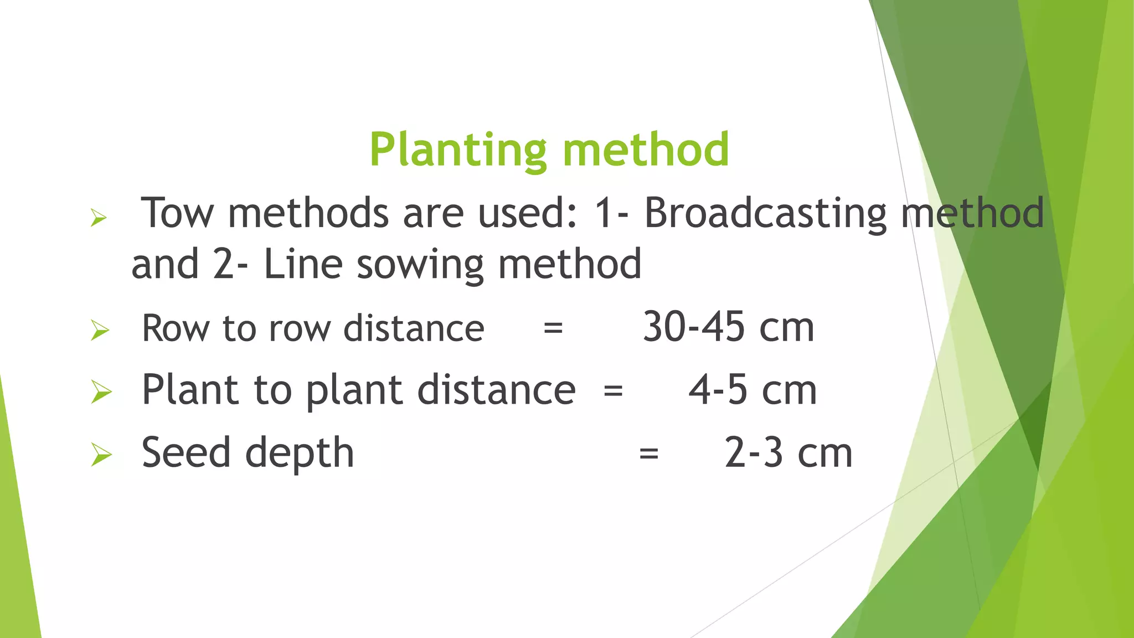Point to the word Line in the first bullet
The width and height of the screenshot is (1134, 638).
pos(302,264)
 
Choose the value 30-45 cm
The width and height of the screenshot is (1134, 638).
pos(728,327)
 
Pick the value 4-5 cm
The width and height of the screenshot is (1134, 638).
pos(752,390)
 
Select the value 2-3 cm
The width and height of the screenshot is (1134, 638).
pos(788,453)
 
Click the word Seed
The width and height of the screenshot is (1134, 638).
pos(185,452)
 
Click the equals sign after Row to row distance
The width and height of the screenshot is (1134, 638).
pos(553,328)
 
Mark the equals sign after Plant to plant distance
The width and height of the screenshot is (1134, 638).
pos(613,391)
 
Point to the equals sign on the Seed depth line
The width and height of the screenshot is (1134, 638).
pos(648,454)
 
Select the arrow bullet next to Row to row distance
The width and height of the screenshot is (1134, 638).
pos(100,331)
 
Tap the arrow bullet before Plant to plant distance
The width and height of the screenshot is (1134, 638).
pos(101,392)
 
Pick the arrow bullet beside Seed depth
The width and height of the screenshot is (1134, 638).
pos(101,455)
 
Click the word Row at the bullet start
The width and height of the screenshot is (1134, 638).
pos(175,328)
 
